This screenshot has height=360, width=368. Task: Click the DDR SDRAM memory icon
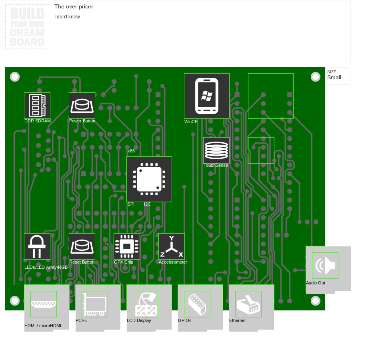37,105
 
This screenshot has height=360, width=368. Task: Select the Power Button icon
82,105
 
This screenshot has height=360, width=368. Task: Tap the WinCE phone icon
206,96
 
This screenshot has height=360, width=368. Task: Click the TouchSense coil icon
216,150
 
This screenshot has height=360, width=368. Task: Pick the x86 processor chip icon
149,179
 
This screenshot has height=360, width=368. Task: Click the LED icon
37,246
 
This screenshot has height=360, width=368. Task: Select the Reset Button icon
82,246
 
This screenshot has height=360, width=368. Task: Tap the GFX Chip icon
127,246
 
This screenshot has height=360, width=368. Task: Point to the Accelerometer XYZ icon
172,246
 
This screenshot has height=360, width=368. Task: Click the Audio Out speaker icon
325,265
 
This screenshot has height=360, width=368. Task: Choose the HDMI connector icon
44,304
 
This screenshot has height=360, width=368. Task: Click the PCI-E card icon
95,304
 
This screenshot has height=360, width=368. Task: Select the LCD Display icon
146,304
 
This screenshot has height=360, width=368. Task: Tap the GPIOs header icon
197,304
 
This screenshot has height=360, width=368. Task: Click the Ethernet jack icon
248,304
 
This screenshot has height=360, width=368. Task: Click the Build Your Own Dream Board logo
27,26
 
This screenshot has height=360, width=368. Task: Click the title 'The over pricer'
74,7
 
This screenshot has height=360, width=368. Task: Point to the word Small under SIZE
334,78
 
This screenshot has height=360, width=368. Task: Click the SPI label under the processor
131,204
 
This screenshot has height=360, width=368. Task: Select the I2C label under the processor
147,204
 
